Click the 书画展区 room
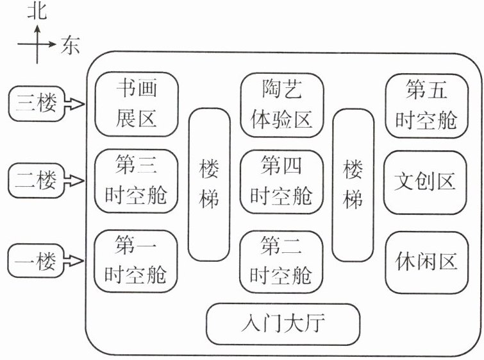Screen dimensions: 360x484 click(x=136, y=103)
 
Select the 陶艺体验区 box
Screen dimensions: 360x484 click(x=281, y=103)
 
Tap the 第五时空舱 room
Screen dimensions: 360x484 click(x=426, y=105)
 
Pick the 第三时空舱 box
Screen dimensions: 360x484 click(x=136, y=182)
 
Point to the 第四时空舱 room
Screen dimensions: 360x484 click(x=281, y=182)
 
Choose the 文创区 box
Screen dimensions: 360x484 click(x=426, y=182)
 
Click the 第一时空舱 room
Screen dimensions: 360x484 click(x=136, y=260)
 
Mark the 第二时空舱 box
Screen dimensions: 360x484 click(x=281, y=260)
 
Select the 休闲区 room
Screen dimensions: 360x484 click(x=426, y=261)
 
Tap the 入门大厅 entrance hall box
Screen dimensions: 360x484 click(x=283, y=322)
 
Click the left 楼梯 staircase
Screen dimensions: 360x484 click(x=208, y=185)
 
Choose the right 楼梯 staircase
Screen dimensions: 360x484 click(x=353, y=185)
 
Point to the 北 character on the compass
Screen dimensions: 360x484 click(x=38, y=11)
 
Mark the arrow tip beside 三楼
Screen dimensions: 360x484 click(x=82, y=104)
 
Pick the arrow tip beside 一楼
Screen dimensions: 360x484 click(x=82, y=261)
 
